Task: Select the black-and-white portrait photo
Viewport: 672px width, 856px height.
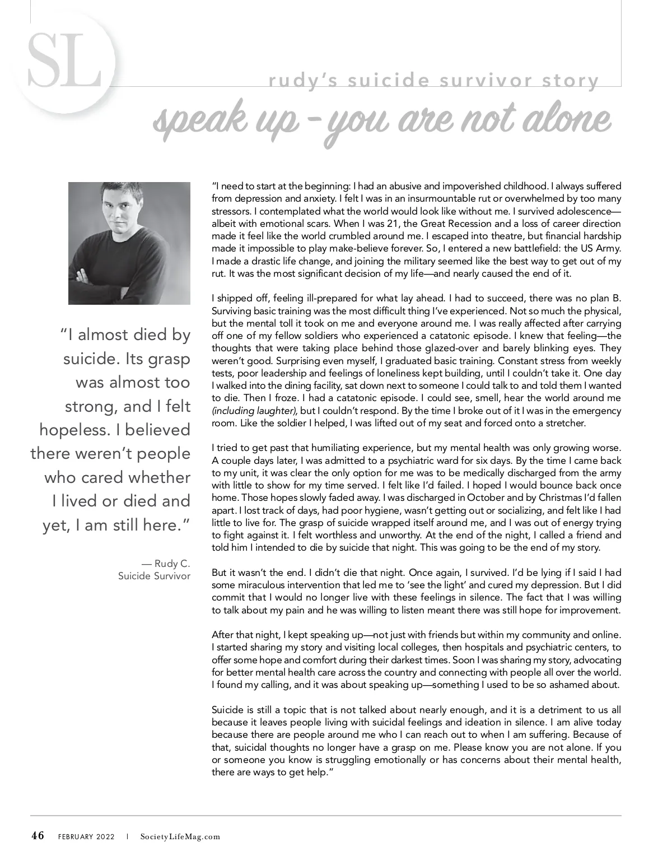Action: (129, 243)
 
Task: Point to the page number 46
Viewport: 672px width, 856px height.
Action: (38, 836)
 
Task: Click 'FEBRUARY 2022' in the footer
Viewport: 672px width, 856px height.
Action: (86, 837)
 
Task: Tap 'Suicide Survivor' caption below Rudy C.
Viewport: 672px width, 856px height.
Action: (154, 576)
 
